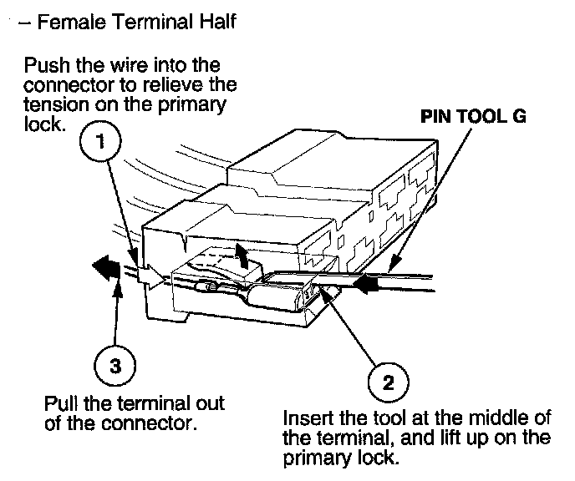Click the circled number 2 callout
(388, 383)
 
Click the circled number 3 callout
(114, 364)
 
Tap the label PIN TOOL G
(473, 117)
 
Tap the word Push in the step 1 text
(43, 64)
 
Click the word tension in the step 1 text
(53, 102)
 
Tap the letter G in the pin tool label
(518, 117)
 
